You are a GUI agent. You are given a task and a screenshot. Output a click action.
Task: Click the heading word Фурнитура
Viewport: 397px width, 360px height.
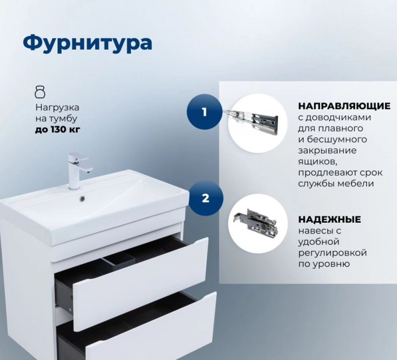click(x=88, y=43)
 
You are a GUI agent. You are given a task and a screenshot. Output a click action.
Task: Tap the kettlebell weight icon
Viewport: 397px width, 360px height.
click(x=40, y=92)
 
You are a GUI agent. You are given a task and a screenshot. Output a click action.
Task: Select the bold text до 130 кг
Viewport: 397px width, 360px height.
click(x=58, y=130)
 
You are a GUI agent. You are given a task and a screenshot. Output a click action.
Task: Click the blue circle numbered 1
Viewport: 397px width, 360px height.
click(x=204, y=112)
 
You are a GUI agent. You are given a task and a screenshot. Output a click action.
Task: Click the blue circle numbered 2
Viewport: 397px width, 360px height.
click(x=205, y=198)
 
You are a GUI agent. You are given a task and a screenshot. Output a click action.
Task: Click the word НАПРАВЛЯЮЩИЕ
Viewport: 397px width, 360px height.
click(x=344, y=106)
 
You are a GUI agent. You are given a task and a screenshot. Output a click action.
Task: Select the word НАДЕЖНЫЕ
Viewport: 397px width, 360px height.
click(x=330, y=219)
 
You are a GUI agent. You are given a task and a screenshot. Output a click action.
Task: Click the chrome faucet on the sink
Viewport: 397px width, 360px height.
click(x=78, y=171)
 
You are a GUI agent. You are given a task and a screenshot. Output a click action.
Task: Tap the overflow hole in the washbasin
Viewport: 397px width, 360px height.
click(x=82, y=198)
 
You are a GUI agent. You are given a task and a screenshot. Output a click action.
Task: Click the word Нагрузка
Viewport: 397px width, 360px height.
click(x=57, y=107)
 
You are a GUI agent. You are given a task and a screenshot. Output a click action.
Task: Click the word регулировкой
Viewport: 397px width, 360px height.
click(x=332, y=253)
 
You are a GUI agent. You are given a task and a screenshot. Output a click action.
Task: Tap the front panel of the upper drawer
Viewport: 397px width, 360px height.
click(x=140, y=283)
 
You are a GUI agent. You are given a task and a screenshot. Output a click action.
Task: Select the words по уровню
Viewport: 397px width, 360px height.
click(x=324, y=264)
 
